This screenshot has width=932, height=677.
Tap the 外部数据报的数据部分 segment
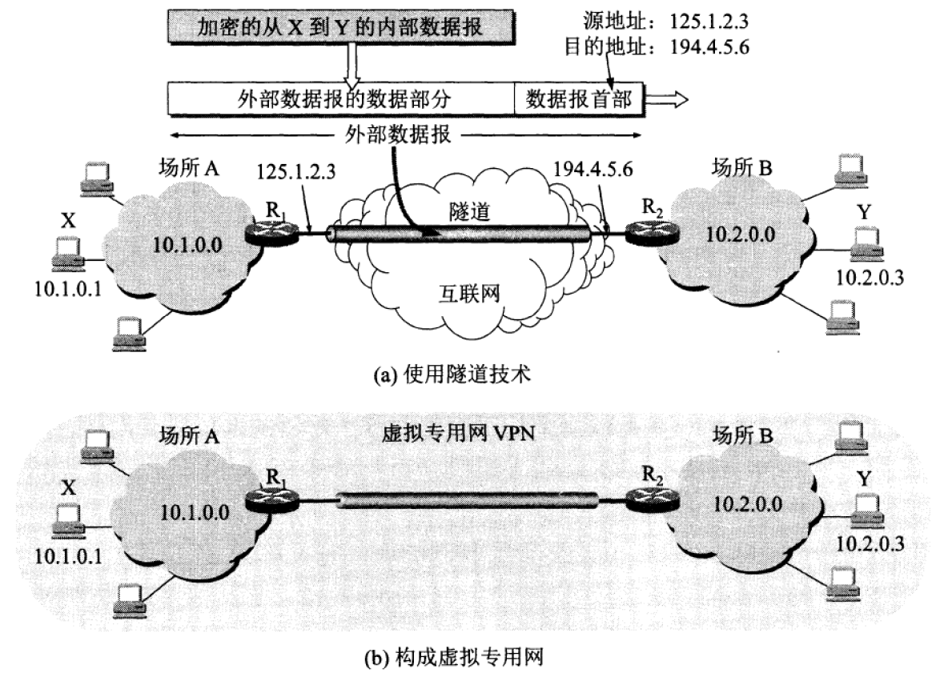(x=340, y=99)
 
